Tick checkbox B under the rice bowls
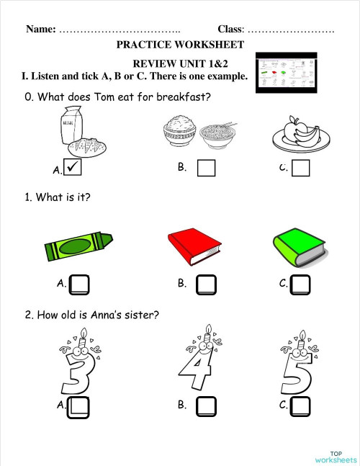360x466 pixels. [x=207, y=168]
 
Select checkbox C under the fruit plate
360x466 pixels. [x=301, y=168]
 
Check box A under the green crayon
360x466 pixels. [x=79, y=284]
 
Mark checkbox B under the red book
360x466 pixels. [x=207, y=284]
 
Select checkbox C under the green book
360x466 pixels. [x=300, y=284]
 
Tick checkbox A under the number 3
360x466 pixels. [x=79, y=406]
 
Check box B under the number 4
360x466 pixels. [x=207, y=406]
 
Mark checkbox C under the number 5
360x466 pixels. [x=300, y=406]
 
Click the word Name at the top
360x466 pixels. [x=40, y=30]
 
